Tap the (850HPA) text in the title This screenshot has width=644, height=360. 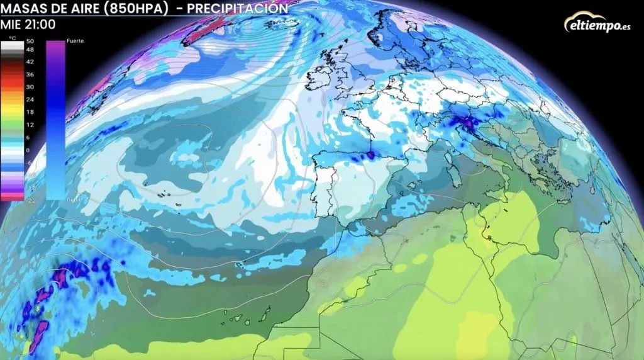(x=136, y=9)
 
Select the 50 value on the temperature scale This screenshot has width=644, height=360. (x=30, y=41)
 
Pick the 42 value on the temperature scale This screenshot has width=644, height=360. (x=30, y=62)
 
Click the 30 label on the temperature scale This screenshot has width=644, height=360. (x=30, y=87)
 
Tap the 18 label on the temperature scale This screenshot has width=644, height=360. (x=30, y=112)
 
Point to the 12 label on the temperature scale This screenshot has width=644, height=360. (x=30, y=125)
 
